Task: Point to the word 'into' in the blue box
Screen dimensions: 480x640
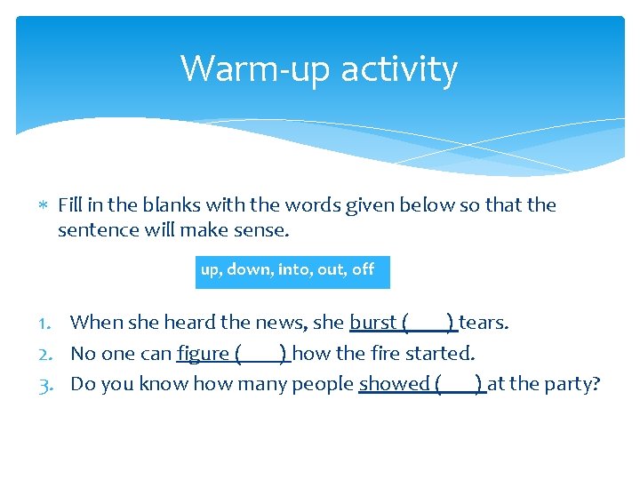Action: coord(292,269)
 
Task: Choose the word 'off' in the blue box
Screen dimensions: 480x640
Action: coord(363,269)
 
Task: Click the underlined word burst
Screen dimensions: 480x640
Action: coord(373,322)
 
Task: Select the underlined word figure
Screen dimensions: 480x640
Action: coord(204,354)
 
